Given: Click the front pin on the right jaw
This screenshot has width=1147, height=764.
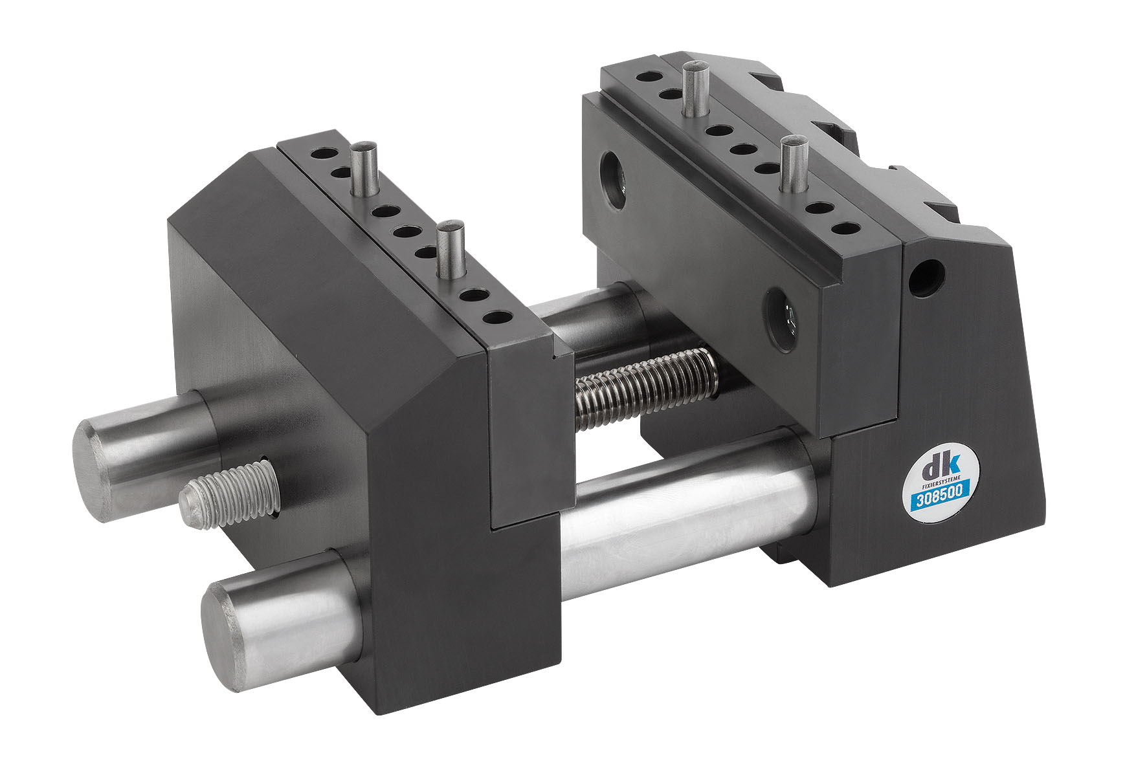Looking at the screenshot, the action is [x=791, y=165].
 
